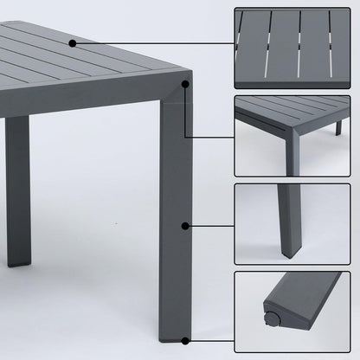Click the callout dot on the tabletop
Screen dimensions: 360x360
pyautogui.click(x=73, y=42)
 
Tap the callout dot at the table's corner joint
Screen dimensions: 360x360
pyautogui.click(x=185, y=84)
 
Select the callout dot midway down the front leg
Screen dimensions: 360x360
pyautogui.click(x=185, y=226)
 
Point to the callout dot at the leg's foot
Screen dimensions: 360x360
pyautogui.click(x=185, y=339)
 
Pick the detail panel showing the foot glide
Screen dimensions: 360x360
pyautogui.click(x=292, y=311)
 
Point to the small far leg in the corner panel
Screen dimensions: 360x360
pyautogui.click(x=338, y=128)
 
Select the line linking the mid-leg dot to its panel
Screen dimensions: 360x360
pyautogui.click(x=210, y=226)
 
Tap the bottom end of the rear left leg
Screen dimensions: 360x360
pyautogui.click(x=17, y=261)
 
